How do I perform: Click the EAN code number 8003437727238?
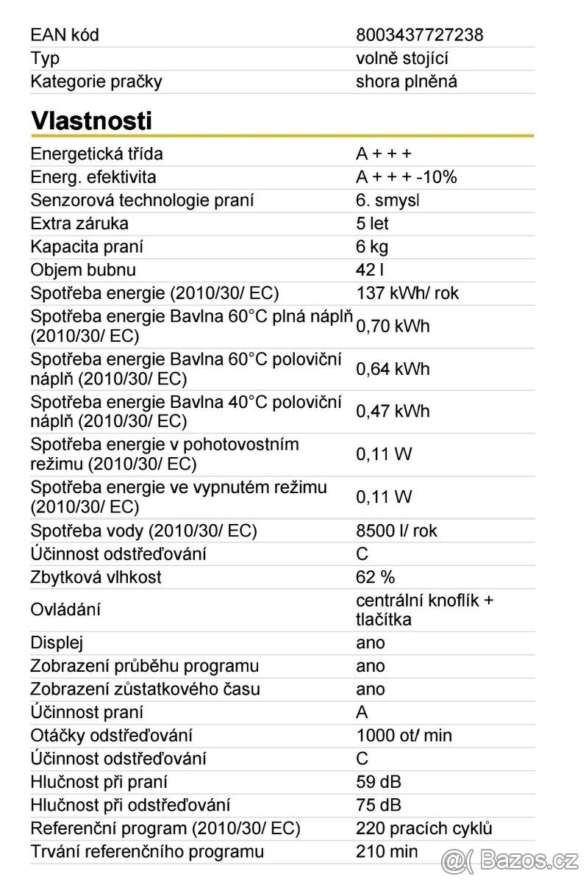coord(419,35)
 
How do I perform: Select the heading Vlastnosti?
coord(91,121)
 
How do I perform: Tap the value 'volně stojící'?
coord(401,58)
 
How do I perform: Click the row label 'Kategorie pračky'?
coord(96,82)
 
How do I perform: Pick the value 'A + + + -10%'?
coord(406,177)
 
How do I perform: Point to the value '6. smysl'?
coord(387,200)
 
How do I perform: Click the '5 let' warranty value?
coord(372,223)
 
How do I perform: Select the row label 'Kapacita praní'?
coord(87,247)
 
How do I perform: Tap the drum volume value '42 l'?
coord(370,270)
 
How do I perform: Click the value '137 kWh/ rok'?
coord(407,293)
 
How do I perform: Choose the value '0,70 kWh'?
coord(393,326)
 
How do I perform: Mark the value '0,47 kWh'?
coord(393,412)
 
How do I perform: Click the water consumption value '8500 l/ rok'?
coord(396,531)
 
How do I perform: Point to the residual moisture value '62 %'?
coord(376,577)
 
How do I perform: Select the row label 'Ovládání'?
coord(65,609)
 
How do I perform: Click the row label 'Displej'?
coord(57,642)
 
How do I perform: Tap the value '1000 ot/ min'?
coord(404,735)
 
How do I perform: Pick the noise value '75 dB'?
coord(379,805)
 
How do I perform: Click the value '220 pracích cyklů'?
coord(424,828)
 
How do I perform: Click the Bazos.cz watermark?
coord(510,858)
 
